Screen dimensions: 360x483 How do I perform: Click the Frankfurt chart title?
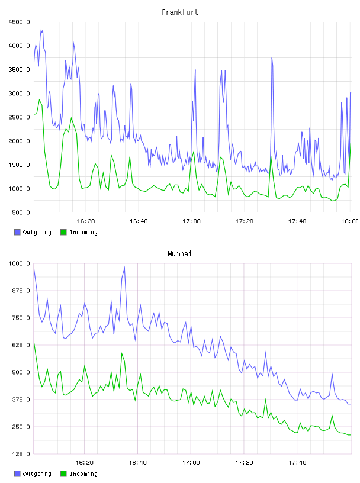pos(180,12)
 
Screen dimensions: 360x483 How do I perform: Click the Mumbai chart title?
pos(179,254)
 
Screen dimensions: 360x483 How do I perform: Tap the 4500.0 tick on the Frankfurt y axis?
pos(19,22)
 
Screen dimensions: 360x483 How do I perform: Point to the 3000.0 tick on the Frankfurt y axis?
pos(19,94)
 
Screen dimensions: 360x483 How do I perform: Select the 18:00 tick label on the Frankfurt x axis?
pos(349,221)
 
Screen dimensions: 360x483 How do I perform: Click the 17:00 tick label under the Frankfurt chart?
pos(191,221)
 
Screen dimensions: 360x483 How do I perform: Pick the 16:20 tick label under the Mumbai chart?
pos(84,463)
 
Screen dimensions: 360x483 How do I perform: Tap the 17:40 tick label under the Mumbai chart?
pos(297,463)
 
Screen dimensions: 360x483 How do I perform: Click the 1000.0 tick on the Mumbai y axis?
pos(19,263)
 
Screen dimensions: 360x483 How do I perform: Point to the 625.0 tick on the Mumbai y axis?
pos(21,345)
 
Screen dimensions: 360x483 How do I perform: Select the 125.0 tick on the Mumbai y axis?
pos(21,454)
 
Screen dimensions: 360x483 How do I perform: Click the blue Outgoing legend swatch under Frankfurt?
pos(17,232)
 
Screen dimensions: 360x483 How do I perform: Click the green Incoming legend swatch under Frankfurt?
pos(63,232)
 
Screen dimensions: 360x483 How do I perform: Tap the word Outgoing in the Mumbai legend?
pos(37,474)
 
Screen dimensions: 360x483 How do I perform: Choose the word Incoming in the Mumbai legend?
pos(83,474)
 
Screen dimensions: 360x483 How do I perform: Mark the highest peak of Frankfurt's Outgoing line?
pos(43,30)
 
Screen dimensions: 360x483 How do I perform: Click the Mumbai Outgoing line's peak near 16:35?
pos(124,267)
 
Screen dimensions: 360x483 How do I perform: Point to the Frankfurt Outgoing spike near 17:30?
pos(272,58)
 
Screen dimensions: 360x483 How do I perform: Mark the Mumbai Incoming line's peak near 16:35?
pos(122,353)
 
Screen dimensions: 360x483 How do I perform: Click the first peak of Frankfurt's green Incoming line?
pos(39,99)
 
